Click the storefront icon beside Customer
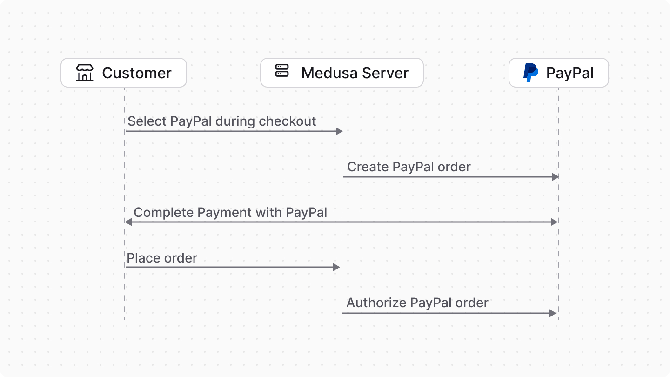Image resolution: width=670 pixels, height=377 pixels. (85, 73)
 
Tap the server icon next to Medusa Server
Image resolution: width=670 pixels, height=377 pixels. (282, 71)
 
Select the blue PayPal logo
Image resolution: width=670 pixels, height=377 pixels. (530, 73)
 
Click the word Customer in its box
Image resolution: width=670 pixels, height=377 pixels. (137, 73)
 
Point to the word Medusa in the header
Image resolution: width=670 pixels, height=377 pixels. (330, 73)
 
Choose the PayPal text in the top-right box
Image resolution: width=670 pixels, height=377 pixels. (570, 73)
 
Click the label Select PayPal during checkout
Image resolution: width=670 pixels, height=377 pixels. (221, 121)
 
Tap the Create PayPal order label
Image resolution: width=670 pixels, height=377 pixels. (409, 167)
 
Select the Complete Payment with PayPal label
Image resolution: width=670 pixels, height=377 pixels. (230, 213)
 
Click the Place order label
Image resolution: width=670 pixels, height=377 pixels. (162, 258)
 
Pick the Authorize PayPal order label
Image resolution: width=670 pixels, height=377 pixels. (417, 303)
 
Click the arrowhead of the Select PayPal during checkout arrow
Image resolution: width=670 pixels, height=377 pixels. (339, 131)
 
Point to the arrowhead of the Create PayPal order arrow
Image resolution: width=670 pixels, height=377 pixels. (555, 177)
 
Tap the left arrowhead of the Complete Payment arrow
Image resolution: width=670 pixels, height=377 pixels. (128, 222)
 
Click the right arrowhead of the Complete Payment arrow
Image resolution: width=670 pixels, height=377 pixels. (554, 222)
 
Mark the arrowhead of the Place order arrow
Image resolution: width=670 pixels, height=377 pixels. (336, 267)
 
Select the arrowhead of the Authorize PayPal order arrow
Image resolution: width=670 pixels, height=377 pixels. (553, 313)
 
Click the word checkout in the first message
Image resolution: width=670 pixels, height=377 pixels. (288, 121)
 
